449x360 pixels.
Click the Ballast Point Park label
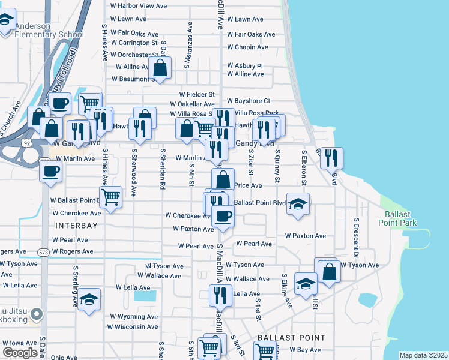click(x=394, y=218)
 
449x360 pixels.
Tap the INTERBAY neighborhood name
click(x=76, y=226)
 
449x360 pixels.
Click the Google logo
click(x=20, y=353)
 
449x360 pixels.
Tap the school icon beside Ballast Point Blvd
click(x=298, y=205)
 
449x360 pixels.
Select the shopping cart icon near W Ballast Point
click(x=110, y=196)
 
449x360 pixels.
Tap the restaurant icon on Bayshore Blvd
click(x=331, y=158)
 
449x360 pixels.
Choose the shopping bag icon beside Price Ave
click(x=223, y=179)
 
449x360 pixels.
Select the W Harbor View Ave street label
click(x=138, y=6)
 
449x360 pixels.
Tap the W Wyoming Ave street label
click(x=133, y=316)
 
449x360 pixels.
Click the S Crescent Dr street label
click(x=356, y=237)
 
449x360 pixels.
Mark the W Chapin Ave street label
click(x=247, y=47)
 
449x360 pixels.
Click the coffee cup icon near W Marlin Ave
click(x=50, y=171)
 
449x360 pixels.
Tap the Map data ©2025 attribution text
click(x=423, y=355)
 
